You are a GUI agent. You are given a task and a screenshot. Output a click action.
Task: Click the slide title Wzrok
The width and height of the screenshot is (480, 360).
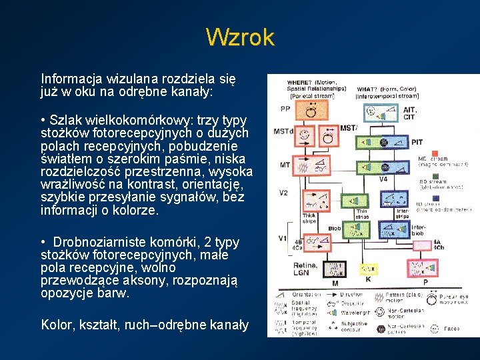240,37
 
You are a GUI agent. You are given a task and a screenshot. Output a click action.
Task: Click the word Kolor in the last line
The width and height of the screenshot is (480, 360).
56,325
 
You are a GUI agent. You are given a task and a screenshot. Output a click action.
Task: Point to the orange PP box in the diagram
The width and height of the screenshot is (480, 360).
310,111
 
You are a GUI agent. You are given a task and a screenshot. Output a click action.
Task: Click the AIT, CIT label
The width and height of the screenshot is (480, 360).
409,114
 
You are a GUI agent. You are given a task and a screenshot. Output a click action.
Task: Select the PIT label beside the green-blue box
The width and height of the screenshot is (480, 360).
417,142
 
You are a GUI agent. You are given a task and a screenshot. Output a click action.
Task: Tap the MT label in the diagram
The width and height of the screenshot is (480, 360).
285,164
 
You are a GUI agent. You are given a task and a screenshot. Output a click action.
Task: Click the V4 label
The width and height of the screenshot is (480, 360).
383,179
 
